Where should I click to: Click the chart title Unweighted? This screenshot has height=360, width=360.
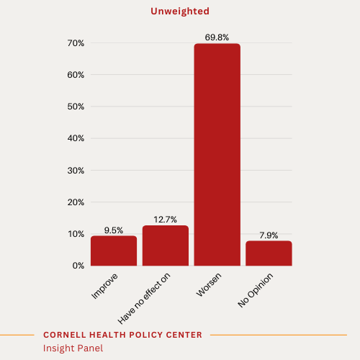coord(179,11)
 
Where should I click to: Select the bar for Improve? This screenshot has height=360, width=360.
coord(114,251)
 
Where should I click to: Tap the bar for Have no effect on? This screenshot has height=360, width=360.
coord(166,246)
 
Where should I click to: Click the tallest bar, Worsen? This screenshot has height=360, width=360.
coord(217,155)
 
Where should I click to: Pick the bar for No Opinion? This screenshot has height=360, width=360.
coord(269,253)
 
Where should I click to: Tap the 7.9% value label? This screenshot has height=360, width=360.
coord(269,235)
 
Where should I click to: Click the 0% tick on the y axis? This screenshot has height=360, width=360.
coord(78,266)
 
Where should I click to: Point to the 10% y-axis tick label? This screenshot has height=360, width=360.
coord(76,234)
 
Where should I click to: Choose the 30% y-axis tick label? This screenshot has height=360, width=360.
coord(76,171)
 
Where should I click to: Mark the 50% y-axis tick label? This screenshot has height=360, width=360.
coord(76,107)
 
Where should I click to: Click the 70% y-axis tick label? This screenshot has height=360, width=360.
coord(76,43)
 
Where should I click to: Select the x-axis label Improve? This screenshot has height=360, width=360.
coord(105,286)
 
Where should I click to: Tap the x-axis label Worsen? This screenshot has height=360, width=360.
coord(209,286)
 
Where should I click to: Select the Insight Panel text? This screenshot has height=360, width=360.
coord(73,348)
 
